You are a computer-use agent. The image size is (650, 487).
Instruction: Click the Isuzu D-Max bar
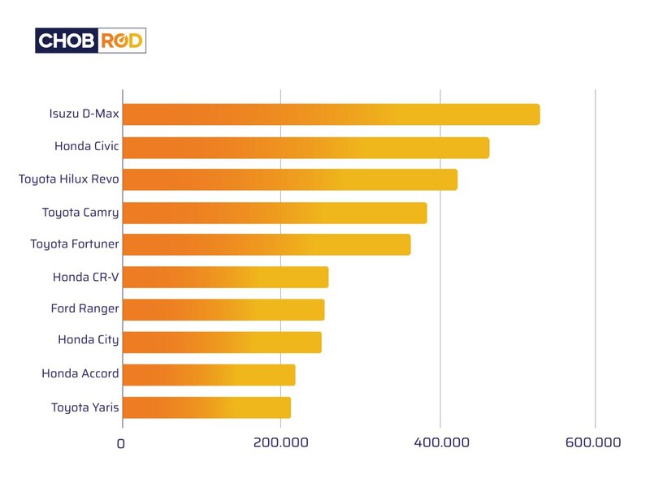(331, 114)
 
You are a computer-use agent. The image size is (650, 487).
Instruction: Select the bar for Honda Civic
(305, 148)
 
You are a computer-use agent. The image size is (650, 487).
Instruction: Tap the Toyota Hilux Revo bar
(289, 179)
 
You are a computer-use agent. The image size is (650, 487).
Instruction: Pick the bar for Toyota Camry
(275, 213)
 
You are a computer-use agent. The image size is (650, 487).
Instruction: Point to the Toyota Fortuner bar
(266, 244)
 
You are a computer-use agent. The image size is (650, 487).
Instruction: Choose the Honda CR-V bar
(225, 277)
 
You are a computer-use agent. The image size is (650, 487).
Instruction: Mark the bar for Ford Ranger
(223, 309)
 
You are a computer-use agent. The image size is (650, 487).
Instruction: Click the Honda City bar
(222, 342)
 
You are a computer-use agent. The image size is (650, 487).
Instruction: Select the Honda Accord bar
(209, 374)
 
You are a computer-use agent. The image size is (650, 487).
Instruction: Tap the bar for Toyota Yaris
(206, 407)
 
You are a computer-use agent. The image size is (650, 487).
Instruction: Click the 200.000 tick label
(280, 443)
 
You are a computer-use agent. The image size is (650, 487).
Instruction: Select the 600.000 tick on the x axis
(595, 443)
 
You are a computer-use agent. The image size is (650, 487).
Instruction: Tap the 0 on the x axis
(121, 444)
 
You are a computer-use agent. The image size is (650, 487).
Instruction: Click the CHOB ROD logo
(90, 41)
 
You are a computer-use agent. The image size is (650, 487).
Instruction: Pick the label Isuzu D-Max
(84, 114)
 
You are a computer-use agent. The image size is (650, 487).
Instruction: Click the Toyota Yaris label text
(84, 407)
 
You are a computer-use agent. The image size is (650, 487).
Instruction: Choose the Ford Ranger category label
(84, 308)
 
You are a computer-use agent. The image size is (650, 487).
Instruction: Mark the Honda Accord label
(80, 373)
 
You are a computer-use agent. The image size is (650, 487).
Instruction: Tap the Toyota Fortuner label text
(75, 243)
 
